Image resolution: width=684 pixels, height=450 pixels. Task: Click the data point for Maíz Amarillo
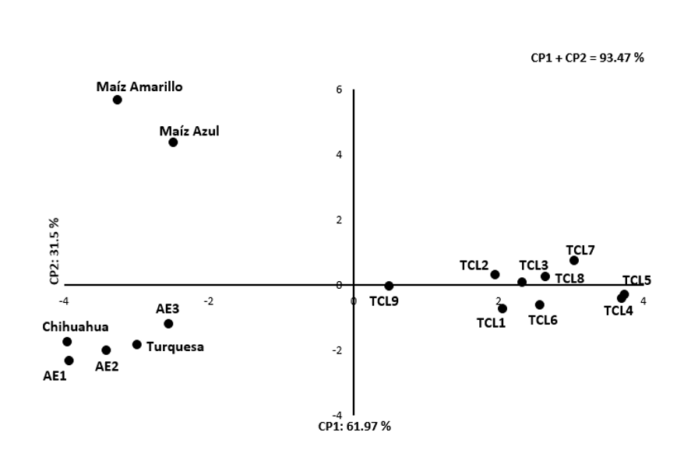tap(117, 100)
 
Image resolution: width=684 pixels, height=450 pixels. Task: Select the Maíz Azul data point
tap(173, 142)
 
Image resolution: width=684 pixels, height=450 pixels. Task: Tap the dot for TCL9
tap(389, 286)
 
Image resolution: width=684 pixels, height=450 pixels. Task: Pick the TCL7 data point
tap(574, 260)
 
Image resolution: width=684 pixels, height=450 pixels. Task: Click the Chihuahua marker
tap(67, 342)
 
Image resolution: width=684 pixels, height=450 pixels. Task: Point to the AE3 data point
tap(168, 324)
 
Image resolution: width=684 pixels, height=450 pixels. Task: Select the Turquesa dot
tap(137, 344)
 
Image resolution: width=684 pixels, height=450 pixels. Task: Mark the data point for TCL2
tap(495, 274)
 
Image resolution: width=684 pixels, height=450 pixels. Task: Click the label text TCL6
tap(542, 319)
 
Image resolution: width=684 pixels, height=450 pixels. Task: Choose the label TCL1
tap(492, 322)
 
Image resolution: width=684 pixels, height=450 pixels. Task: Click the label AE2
tap(107, 365)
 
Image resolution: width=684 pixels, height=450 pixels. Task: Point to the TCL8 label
tap(569, 278)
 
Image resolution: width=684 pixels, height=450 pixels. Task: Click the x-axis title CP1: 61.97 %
tap(354, 426)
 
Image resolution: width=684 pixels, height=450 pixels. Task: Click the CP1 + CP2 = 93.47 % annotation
tap(587, 58)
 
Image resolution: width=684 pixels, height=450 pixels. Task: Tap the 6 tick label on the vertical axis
tap(340, 90)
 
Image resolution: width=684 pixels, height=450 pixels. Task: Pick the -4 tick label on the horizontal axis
tap(65, 301)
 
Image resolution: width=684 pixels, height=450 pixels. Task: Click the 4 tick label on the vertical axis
tap(340, 155)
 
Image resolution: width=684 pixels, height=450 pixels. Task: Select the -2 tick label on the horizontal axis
tap(208, 301)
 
